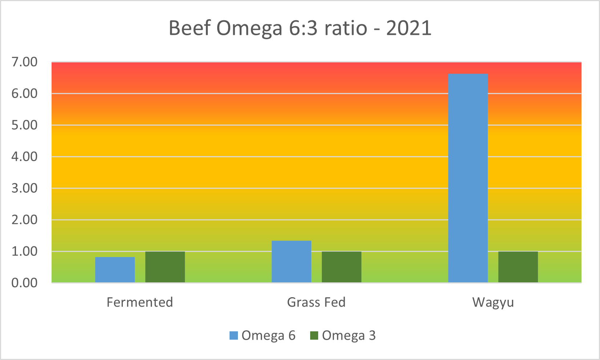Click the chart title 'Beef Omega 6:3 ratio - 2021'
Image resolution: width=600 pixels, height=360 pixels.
300,28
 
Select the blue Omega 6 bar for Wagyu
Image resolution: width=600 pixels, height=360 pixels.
468,178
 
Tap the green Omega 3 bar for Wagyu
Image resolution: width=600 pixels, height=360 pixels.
518,267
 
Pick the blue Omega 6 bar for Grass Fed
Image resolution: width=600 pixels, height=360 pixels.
291,261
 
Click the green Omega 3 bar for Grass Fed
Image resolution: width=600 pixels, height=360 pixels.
341,267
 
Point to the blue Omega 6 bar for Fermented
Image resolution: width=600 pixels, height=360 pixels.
115,270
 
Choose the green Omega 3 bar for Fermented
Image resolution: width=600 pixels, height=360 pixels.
165,267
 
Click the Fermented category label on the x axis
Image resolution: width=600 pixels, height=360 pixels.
140,302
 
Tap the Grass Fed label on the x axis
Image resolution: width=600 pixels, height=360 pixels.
316,302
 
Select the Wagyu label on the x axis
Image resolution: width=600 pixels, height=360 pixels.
493,303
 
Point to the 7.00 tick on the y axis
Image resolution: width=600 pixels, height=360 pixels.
25,62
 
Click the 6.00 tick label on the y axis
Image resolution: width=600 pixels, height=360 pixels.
25,94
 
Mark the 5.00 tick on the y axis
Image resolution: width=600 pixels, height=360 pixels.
25,125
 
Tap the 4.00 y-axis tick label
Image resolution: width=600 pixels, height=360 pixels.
25,157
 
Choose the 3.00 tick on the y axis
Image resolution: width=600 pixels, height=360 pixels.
25,188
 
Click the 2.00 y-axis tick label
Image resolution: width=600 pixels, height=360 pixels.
25,220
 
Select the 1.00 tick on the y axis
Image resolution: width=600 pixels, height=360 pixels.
25,251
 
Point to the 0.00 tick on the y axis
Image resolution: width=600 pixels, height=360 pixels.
25,283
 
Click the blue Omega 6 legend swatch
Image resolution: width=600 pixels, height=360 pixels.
234,336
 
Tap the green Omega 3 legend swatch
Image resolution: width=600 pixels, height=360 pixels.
314,336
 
